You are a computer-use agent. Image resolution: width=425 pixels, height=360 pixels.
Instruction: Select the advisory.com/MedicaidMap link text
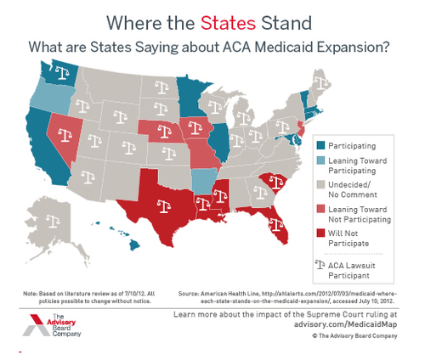[x=356, y=323]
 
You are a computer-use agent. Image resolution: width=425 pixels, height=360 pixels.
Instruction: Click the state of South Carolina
[x=272, y=182]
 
